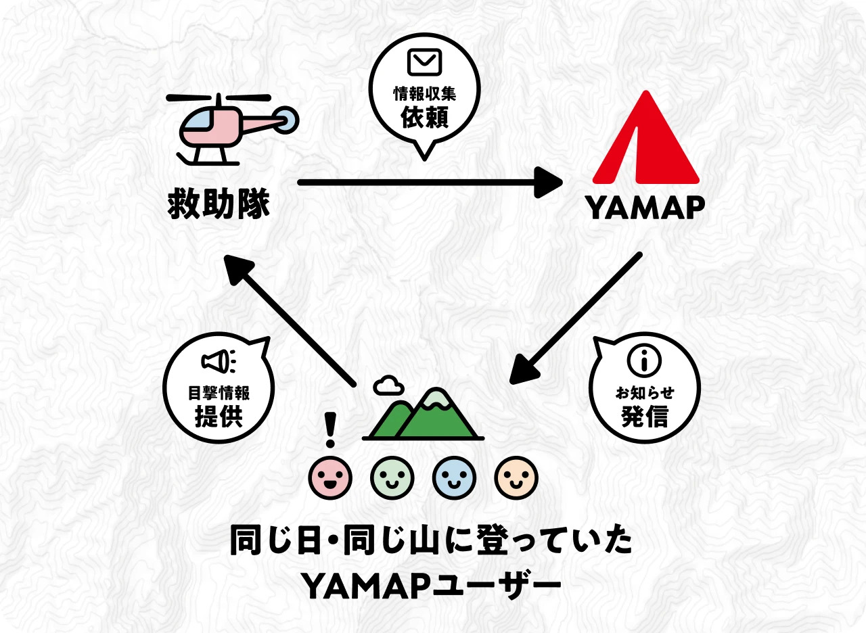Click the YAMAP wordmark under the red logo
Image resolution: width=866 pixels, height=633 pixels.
pos(645,208)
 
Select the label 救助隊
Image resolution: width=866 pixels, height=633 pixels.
pos(219,204)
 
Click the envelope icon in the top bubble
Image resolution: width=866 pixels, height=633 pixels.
pos(424,62)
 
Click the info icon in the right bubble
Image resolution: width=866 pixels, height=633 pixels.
pos(644,360)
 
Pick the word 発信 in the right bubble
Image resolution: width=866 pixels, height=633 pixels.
pos(644,417)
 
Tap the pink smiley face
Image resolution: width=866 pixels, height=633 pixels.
pos(330,477)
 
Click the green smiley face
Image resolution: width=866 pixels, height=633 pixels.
pos(392,477)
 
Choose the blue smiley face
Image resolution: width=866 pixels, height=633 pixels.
pos(454,477)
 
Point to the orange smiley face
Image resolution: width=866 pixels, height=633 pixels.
pos(516,477)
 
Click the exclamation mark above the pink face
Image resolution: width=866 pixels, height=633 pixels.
pos(330,430)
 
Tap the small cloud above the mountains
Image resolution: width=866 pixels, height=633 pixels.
pos(388,385)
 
